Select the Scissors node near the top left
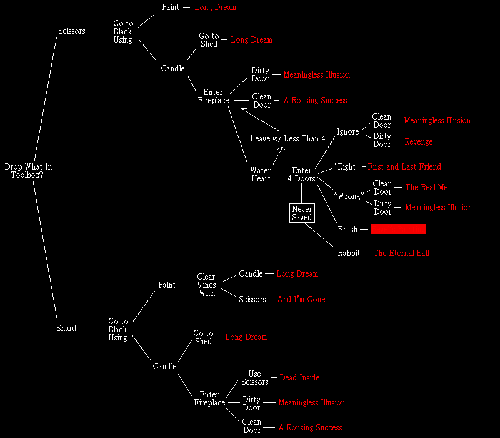(71, 31)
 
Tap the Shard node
(66, 328)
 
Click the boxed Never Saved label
(301, 213)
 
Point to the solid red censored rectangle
(398, 229)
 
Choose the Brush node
(347, 230)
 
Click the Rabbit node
(349, 253)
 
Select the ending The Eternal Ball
(401, 253)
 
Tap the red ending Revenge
(418, 142)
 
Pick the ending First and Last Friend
(404, 167)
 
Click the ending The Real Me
(426, 188)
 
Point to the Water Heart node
(261, 175)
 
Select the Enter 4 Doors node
(302, 175)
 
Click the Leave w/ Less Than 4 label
(287, 138)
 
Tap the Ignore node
(348, 132)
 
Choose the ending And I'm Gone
(301, 300)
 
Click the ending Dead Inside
(299, 378)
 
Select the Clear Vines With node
(206, 285)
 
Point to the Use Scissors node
(255, 378)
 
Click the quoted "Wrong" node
(349, 196)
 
